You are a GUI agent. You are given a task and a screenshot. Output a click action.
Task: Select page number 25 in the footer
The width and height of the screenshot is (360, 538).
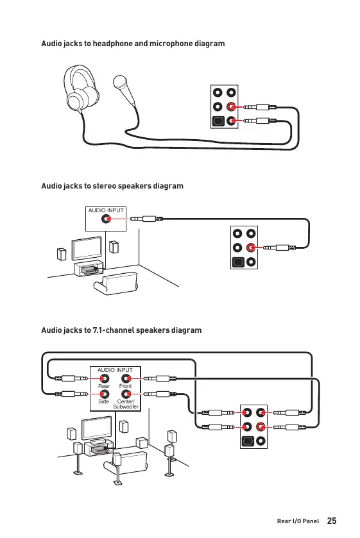point(332,521)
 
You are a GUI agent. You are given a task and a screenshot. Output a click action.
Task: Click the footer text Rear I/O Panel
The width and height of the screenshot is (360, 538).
point(298,521)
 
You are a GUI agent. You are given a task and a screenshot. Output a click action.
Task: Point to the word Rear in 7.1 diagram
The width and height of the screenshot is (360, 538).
point(104,386)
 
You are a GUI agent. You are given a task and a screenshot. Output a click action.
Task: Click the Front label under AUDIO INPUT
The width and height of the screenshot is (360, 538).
point(125,386)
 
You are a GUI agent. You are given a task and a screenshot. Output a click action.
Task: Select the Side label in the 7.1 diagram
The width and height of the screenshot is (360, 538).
point(103,401)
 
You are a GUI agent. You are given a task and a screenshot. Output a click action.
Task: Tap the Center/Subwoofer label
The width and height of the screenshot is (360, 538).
point(126,404)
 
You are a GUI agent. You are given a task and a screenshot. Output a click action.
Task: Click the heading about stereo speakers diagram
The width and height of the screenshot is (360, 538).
point(112,186)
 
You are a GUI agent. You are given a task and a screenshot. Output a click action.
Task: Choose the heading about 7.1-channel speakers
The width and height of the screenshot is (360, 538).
point(121,330)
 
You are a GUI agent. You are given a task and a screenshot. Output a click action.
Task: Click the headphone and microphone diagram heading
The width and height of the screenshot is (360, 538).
point(133,44)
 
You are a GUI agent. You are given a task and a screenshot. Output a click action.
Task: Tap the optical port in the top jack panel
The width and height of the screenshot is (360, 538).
point(218,121)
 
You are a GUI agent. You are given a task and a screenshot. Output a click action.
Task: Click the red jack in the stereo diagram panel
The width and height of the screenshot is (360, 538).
point(251,248)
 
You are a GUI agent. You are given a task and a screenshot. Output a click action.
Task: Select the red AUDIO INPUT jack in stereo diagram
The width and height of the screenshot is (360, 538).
point(106,219)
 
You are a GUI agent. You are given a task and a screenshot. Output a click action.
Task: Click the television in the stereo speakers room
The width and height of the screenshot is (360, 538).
point(87,248)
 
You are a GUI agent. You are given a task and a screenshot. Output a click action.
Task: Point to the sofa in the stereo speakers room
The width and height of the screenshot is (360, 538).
point(116,283)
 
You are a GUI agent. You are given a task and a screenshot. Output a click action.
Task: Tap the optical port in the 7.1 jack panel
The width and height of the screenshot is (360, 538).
point(247,441)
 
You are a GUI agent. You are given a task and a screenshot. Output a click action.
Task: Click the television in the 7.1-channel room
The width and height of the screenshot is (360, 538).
point(96,428)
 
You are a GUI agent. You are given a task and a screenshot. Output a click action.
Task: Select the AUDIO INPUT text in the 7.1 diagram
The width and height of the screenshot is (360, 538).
point(115,370)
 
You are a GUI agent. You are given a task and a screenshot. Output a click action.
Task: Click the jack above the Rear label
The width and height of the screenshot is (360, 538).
point(104,378)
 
